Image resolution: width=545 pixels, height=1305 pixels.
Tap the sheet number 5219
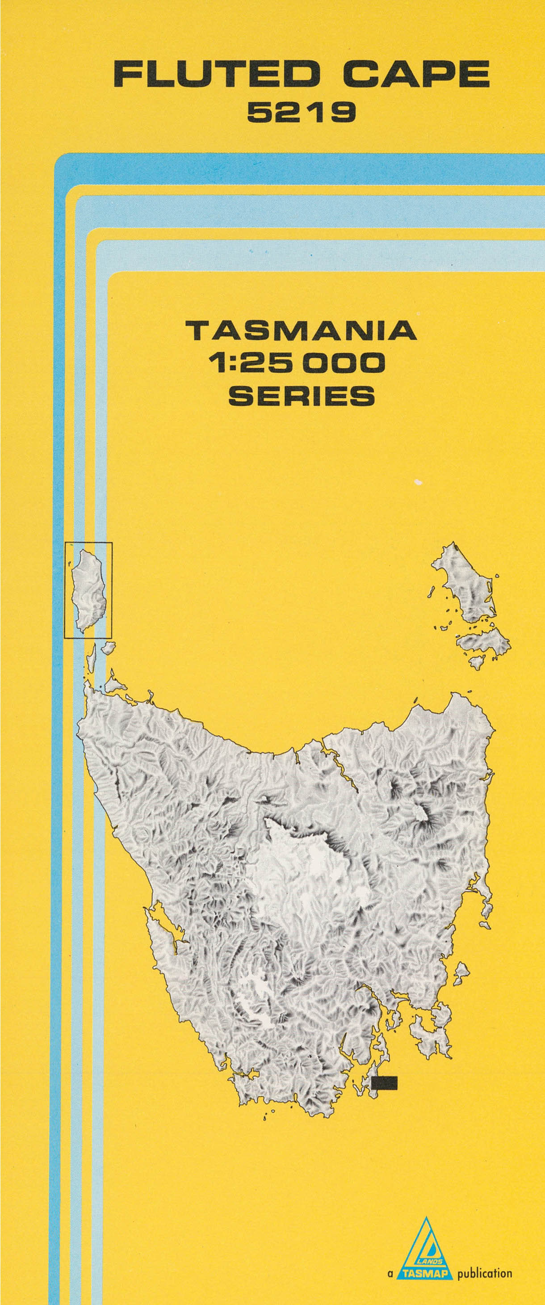302,113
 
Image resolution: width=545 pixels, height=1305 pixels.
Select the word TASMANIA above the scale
302,331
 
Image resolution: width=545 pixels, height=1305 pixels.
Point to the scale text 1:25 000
299,363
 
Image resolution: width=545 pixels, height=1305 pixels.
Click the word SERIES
302,395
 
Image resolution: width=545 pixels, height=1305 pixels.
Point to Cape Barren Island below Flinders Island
484,644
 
